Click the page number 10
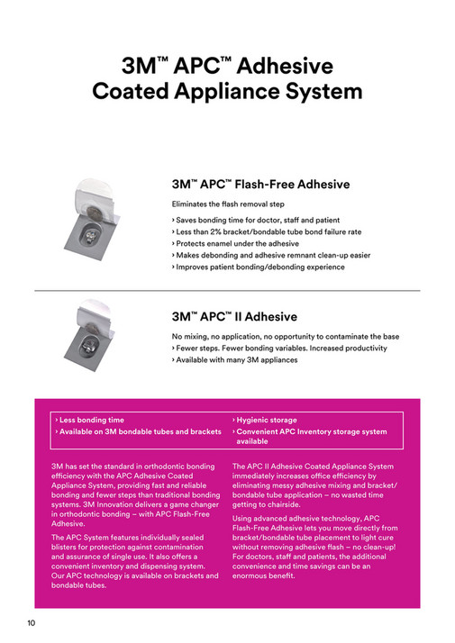tap(30, 623)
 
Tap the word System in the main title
tap(319, 92)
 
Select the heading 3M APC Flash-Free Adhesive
tap(260, 185)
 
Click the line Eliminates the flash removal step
tap(232, 204)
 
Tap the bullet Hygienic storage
tap(265, 420)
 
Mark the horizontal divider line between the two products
tap(227, 291)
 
